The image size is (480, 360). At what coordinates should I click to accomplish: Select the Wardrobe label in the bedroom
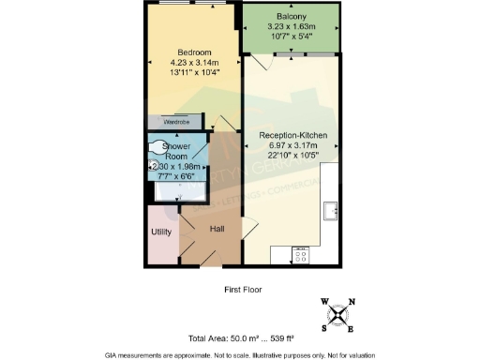pos(177,122)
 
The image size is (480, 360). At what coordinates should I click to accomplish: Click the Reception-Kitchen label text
pos(292,136)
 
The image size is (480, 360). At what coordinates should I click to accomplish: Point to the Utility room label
pos(160,232)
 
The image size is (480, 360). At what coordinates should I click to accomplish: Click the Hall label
pos(217,229)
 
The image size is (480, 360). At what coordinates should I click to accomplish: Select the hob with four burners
pos(302,253)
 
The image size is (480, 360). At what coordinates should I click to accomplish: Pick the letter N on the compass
pos(352,302)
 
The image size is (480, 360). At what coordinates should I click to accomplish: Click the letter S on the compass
pos(324,329)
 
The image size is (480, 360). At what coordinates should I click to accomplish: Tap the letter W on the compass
pos(324,302)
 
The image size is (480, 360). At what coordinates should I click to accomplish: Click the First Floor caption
pos(247,289)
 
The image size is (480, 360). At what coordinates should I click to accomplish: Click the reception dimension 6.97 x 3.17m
pos(292,146)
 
